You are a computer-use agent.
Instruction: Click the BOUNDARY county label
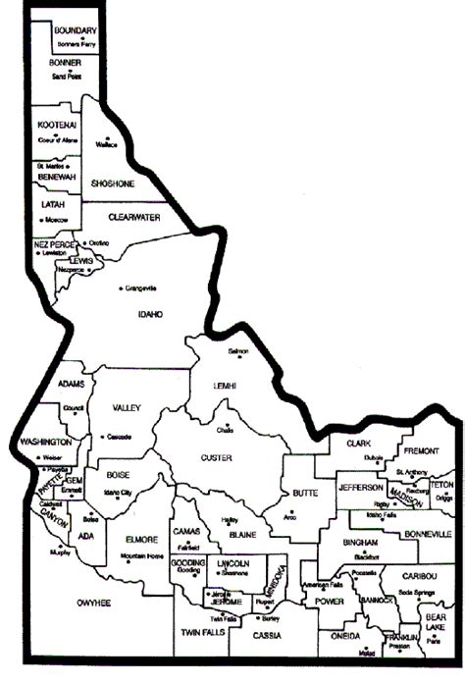coord(76,30)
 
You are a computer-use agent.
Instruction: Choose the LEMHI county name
coord(226,388)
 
